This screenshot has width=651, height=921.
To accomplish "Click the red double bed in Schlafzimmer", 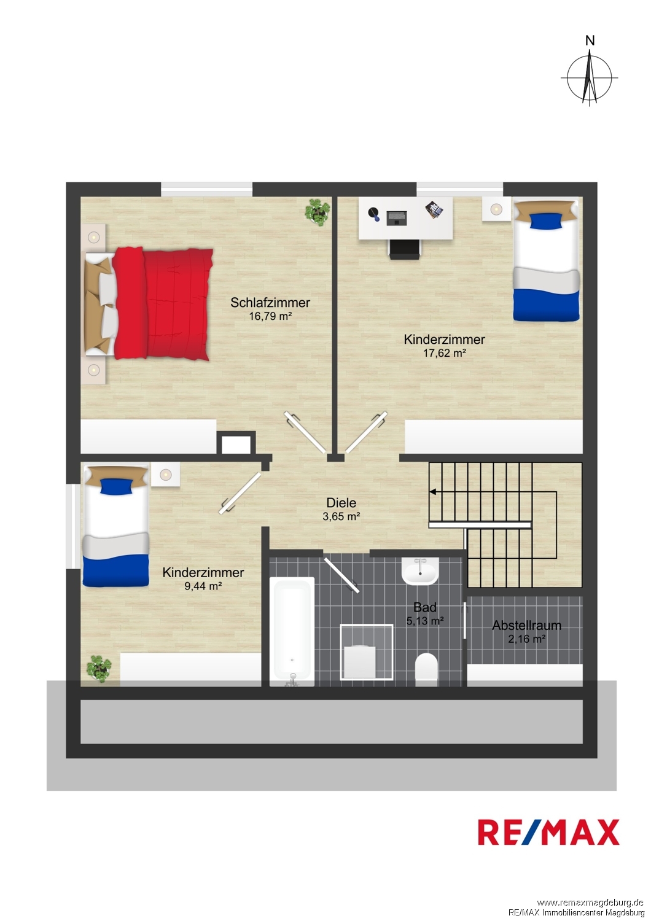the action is [x=149, y=303].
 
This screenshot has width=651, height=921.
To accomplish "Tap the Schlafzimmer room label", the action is [x=270, y=303].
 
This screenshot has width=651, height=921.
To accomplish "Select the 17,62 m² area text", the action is [x=444, y=353].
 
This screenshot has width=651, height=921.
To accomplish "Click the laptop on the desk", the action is [x=397, y=217].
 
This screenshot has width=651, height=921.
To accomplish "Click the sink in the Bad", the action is [x=419, y=571].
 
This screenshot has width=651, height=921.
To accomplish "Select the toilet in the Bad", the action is [x=426, y=670].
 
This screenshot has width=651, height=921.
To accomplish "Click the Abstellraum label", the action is [x=526, y=626].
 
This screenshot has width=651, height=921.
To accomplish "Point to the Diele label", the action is [x=341, y=502].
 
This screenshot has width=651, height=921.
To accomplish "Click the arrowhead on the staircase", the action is [x=432, y=491].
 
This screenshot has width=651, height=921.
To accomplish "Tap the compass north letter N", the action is [x=590, y=41].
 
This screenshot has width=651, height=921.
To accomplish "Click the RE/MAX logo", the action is [x=548, y=832].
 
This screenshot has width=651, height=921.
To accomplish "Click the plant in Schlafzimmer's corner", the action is [x=317, y=212].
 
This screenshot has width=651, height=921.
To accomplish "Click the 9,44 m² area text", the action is [x=203, y=586].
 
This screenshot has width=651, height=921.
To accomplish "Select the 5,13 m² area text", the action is [x=425, y=621].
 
